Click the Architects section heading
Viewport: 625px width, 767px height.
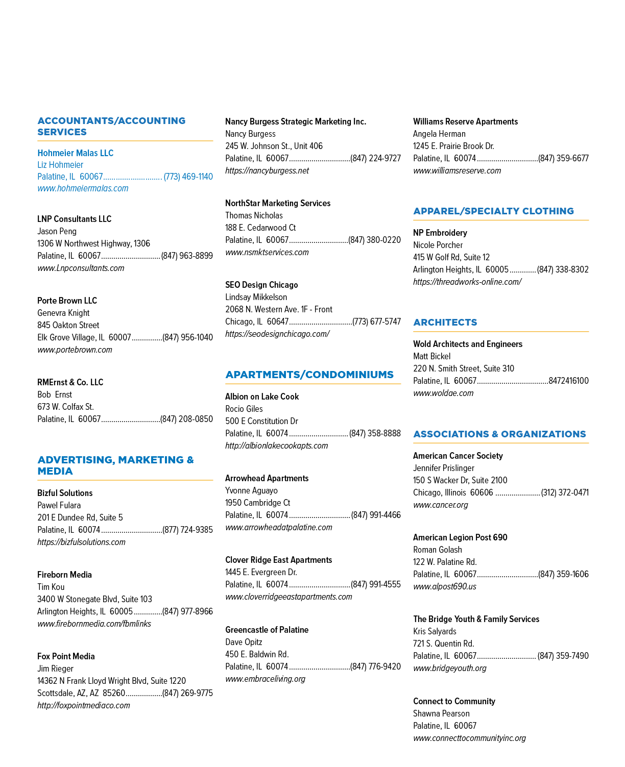click(445, 323)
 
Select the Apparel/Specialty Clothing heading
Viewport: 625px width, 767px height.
click(494, 211)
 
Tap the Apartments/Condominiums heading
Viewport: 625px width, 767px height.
click(309, 375)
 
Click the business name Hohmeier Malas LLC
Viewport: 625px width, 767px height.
click(75, 153)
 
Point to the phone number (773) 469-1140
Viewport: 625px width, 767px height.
click(188, 177)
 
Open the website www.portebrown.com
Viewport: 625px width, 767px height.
click(75, 350)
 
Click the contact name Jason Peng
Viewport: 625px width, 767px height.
click(57, 231)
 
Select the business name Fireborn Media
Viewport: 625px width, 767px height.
click(64, 575)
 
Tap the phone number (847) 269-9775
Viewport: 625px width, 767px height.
click(187, 693)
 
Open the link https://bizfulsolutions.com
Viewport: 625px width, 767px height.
click(81, 542)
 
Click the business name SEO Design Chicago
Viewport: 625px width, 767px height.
click(261, 285)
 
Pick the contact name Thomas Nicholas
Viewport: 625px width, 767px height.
click(254, 215)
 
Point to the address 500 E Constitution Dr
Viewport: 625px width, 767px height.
click(261, 421)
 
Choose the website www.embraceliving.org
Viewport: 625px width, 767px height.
click(265, 679)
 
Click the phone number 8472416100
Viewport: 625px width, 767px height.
click(568, 381)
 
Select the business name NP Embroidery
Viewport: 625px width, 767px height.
click(440, 233)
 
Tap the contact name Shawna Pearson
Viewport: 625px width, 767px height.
click(441, 713)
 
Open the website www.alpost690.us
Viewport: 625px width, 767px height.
click(445, 586)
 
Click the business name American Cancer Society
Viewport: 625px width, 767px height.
click(458, 456)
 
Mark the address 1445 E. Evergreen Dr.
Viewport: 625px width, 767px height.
click(261, 572)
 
